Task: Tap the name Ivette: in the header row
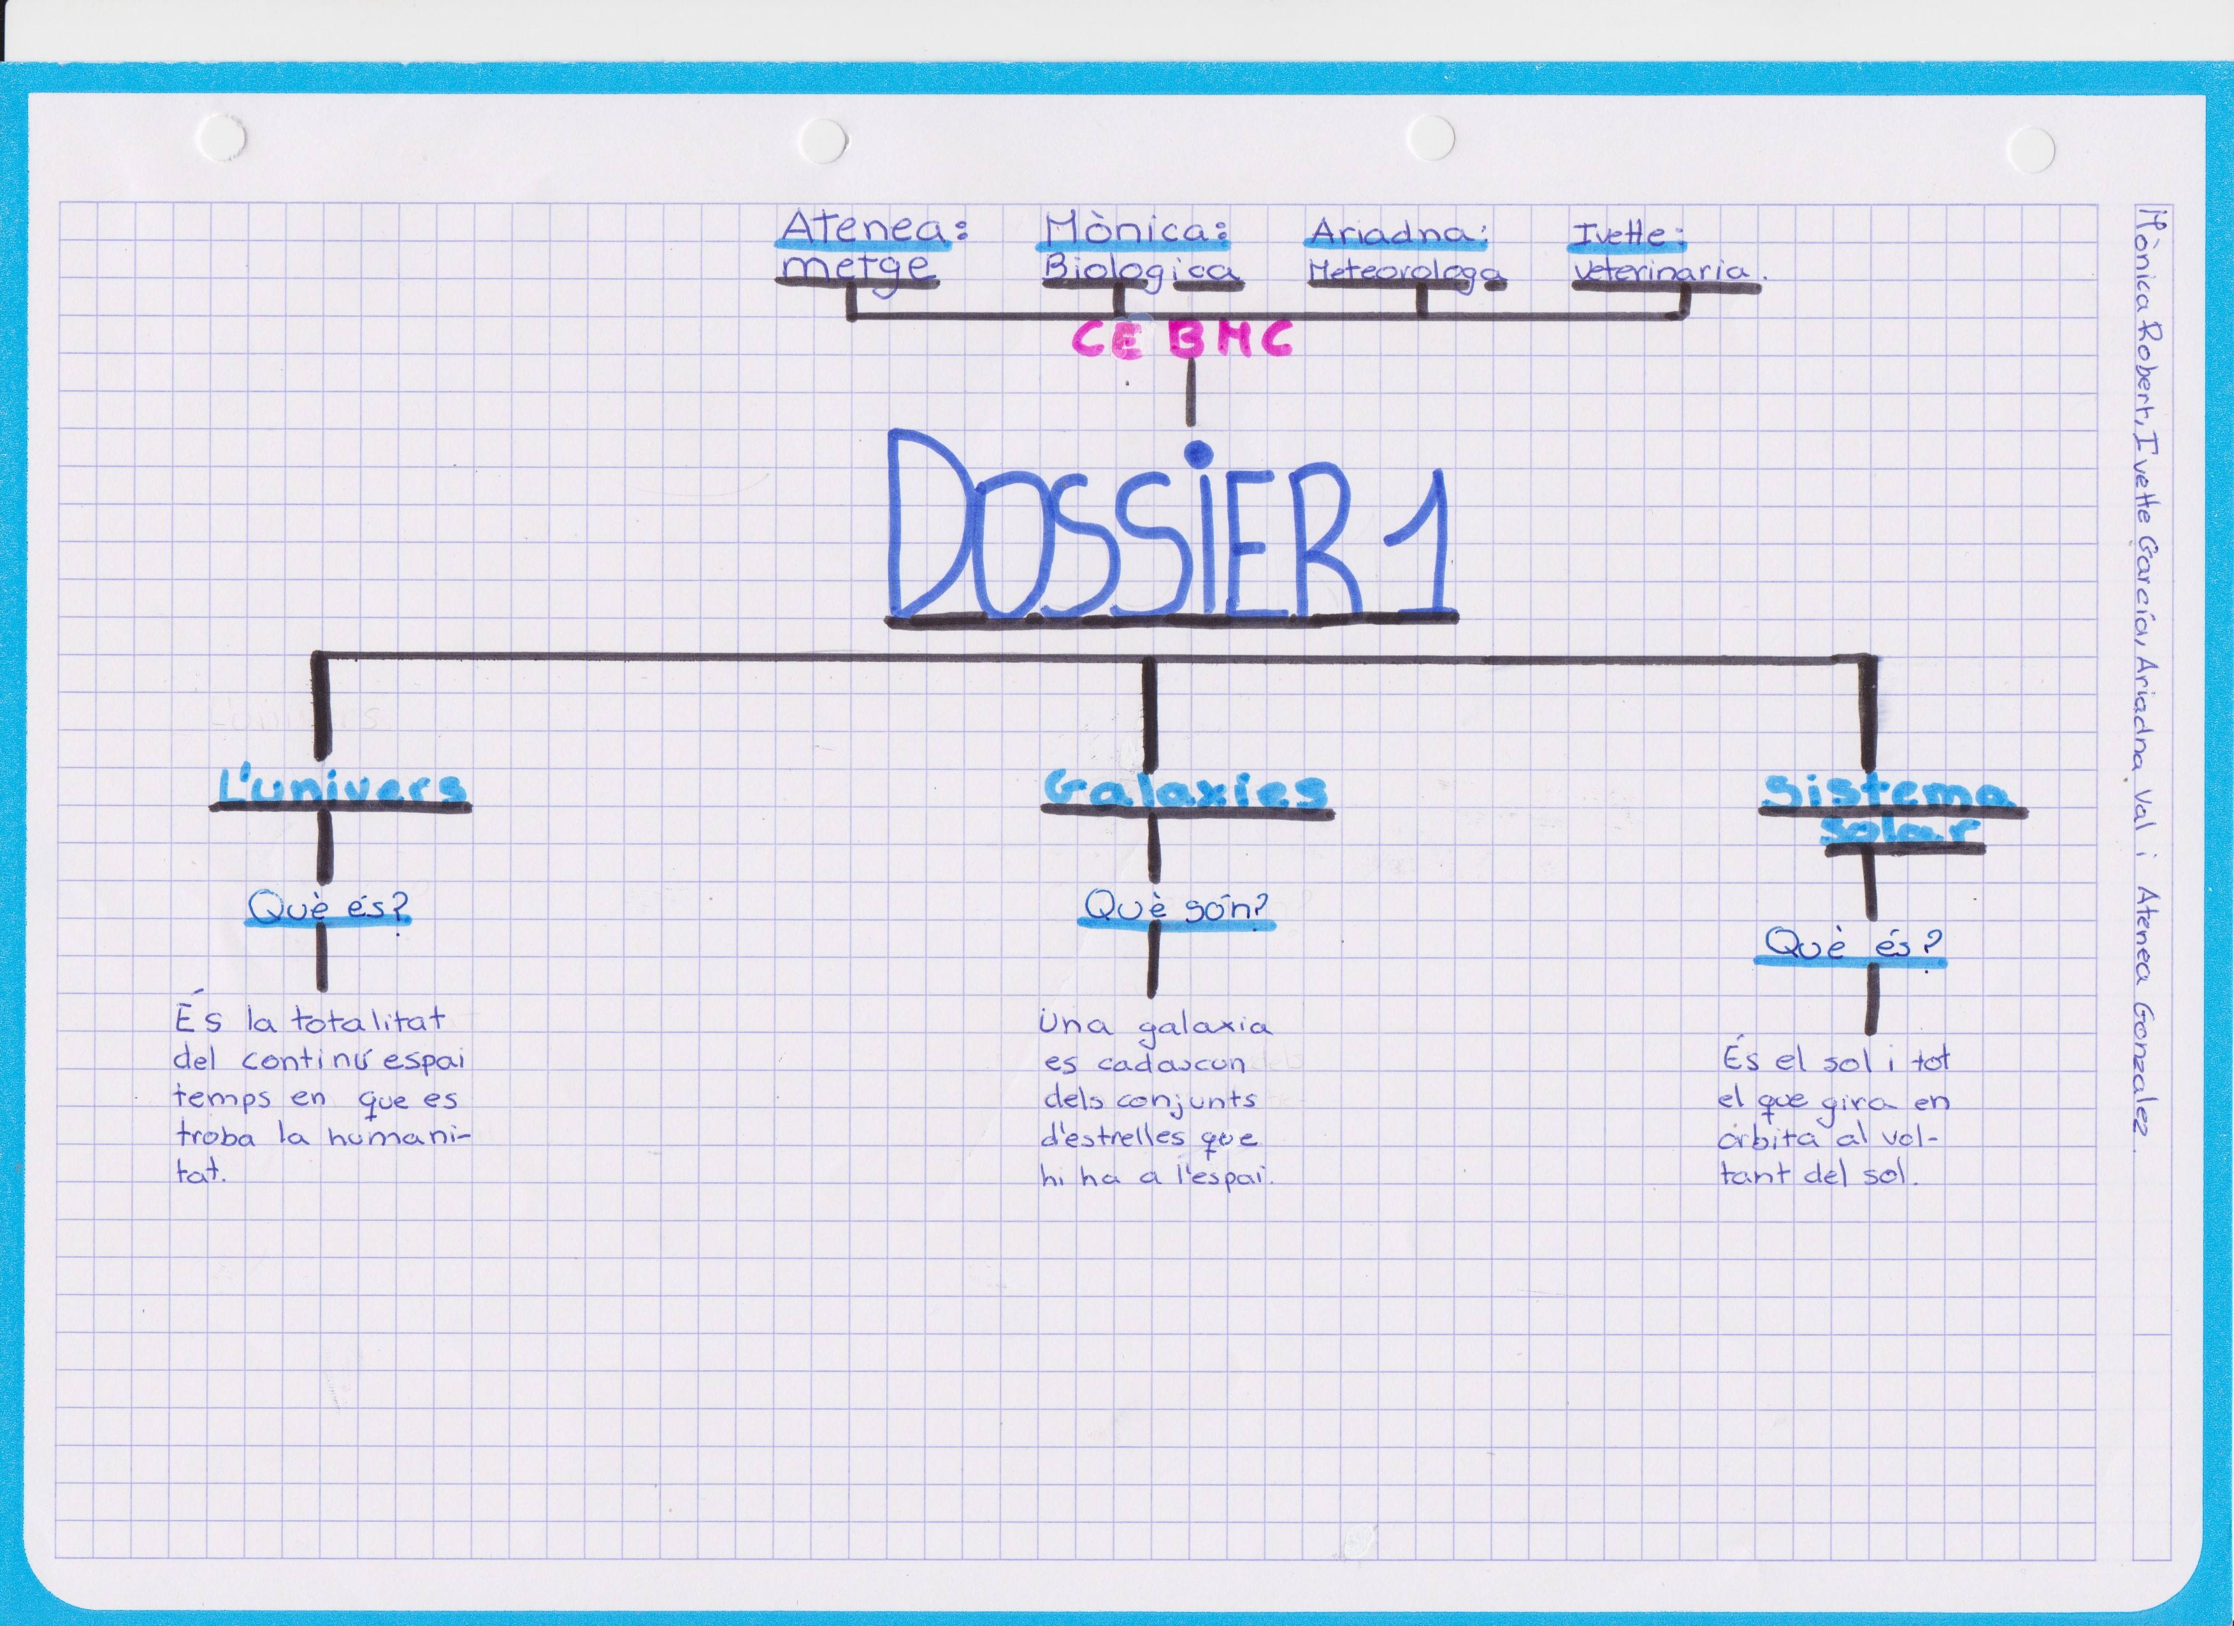click(1628, 235)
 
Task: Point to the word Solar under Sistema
click(1902, 831)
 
